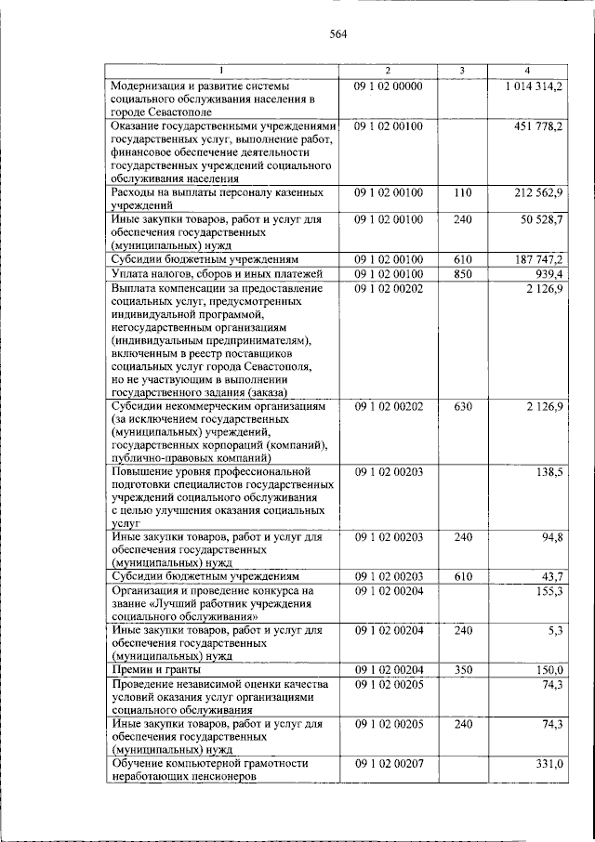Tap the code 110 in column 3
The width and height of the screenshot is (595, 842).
click(463, 192)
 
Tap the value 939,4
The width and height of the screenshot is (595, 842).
click(546, 273)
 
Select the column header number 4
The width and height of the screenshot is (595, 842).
click(526, 71)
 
